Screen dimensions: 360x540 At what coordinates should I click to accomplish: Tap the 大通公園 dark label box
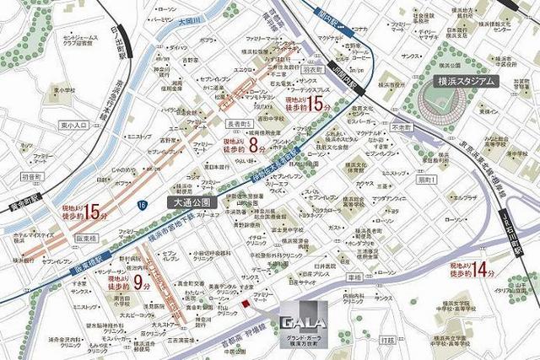pos(192,203)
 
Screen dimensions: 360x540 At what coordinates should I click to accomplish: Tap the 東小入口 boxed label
pos(74,126)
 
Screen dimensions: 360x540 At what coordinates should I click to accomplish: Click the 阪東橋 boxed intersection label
pos(66,237)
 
